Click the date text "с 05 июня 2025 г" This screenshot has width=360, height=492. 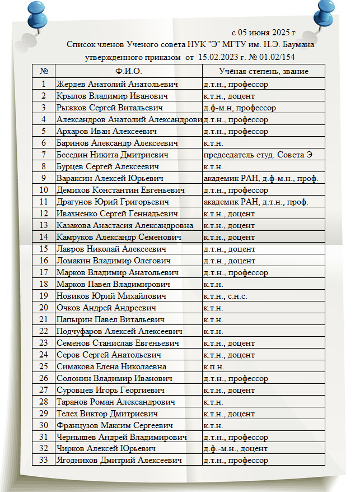pos(264,33)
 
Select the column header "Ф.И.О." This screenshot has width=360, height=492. pos(129,72)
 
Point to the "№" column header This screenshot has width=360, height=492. pos(44,72)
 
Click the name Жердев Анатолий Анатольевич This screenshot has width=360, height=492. pos(117,84)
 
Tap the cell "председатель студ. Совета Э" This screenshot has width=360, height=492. pos(258,155)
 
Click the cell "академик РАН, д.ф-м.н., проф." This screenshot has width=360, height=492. pos(261,178)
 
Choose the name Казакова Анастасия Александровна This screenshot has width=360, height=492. pos(125,225)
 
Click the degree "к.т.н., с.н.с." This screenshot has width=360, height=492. pos(225,296)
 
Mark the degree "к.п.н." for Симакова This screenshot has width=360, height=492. pos(213,366)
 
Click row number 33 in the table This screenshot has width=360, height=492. pos(44,461)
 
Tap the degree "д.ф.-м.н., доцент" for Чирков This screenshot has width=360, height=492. pos(235,449)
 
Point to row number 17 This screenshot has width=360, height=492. pos(44,272)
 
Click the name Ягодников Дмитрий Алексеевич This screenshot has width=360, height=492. pos(119,461)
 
